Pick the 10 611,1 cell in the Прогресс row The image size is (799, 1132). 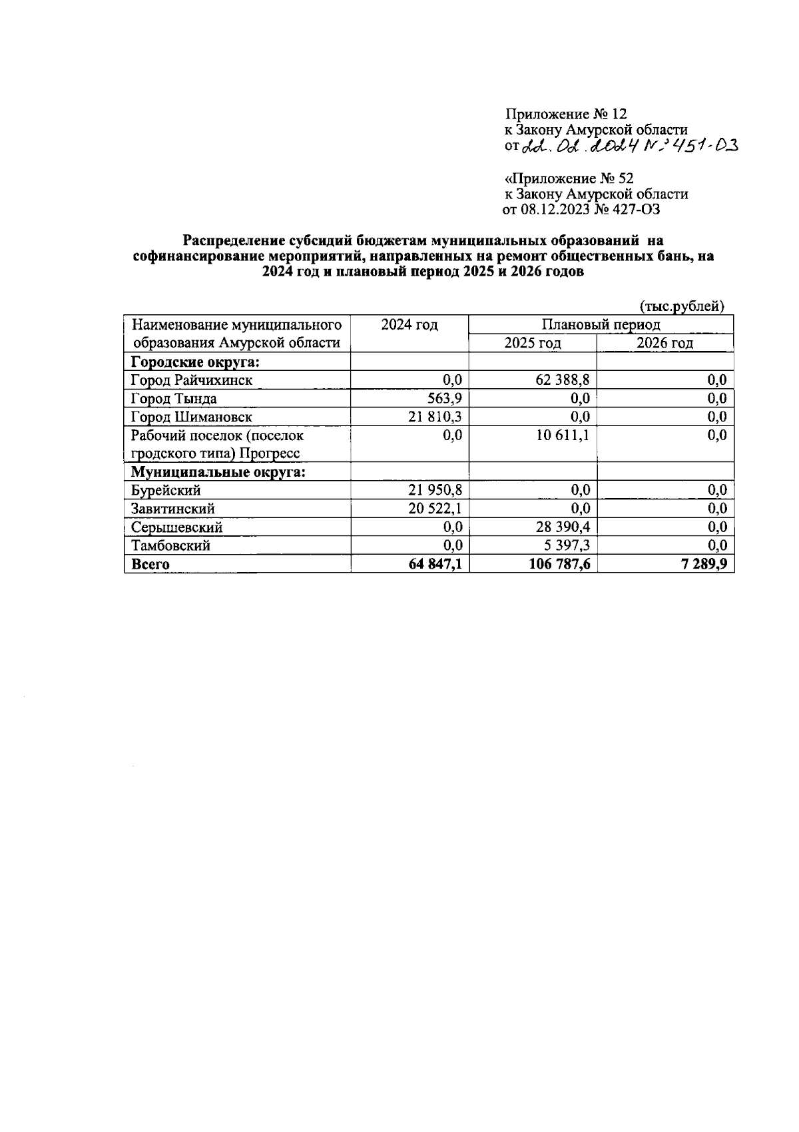click(563, 435)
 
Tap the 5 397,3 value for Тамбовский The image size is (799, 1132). click(567, 545)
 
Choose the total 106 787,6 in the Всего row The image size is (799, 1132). click(558, 564)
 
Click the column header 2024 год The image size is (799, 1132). click(409, 325)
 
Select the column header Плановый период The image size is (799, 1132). click(601, 325)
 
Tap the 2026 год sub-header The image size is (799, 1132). click(665, 343)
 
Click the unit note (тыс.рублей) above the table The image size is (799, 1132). click(681, 306)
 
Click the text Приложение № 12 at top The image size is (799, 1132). click(566, 115)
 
